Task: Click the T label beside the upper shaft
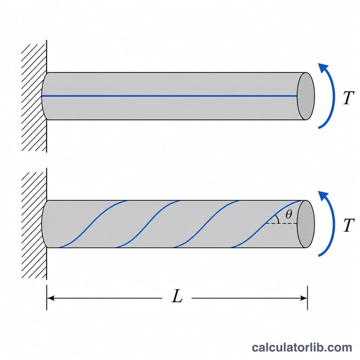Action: tap(348, 98)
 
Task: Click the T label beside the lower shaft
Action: tap(348, 225)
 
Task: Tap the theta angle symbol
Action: tap(288, 215)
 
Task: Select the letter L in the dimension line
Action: tap(177, 296)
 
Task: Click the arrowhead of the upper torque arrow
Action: tap(323, 67)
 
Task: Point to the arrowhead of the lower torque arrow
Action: tap(323, 195)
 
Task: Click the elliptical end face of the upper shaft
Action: tap(306, 96)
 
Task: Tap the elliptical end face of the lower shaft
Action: tap(306, 224)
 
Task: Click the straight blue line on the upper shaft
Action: tap(170, 96)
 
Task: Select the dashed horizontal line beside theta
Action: tap(281, 223)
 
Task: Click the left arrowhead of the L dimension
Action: tap(50, 298)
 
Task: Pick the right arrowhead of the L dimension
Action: tap(304, 298)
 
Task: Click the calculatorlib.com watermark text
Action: tap(301, 347)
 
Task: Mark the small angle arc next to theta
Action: tap(278, 219)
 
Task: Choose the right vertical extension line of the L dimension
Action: tap(307, 298)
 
